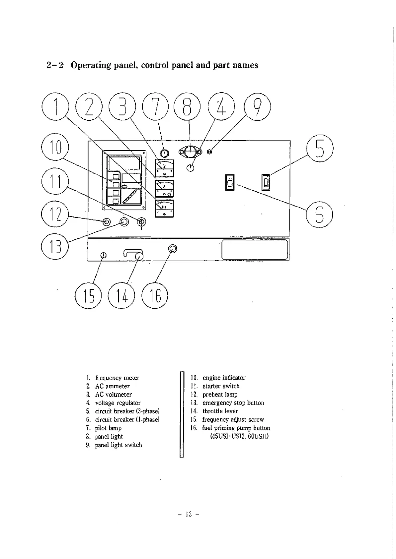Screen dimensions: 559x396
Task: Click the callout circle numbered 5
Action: pyautogui.click(x=320, y=149)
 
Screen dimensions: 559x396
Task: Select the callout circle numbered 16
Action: pyautogui.click(x=155, y=295)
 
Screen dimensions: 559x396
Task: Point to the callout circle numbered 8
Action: pyautogui.click(x=188, y=107)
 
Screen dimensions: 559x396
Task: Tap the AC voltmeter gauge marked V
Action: pyautogui.click(x=165, y=168)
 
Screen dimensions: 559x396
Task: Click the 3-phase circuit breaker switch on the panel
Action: pyautogui.click(x=266, y=182)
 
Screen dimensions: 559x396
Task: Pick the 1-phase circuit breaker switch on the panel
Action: pyautogui.click(x=230, y=182)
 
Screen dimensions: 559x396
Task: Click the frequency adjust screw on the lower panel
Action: pyautogui.click(x=103, y=255)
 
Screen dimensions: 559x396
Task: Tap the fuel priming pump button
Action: pyautogui.click(x=173, y=249)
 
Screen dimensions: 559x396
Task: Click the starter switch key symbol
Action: pyautogui.click(x=142, y=222)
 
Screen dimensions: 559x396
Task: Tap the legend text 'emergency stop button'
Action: pyautogui.click(x=233, y=403)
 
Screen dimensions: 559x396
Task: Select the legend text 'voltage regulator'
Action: pyautogui.click(x=118, y=403)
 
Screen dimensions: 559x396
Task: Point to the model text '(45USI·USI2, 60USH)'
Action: pyautogui.click(x=239, y=436)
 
